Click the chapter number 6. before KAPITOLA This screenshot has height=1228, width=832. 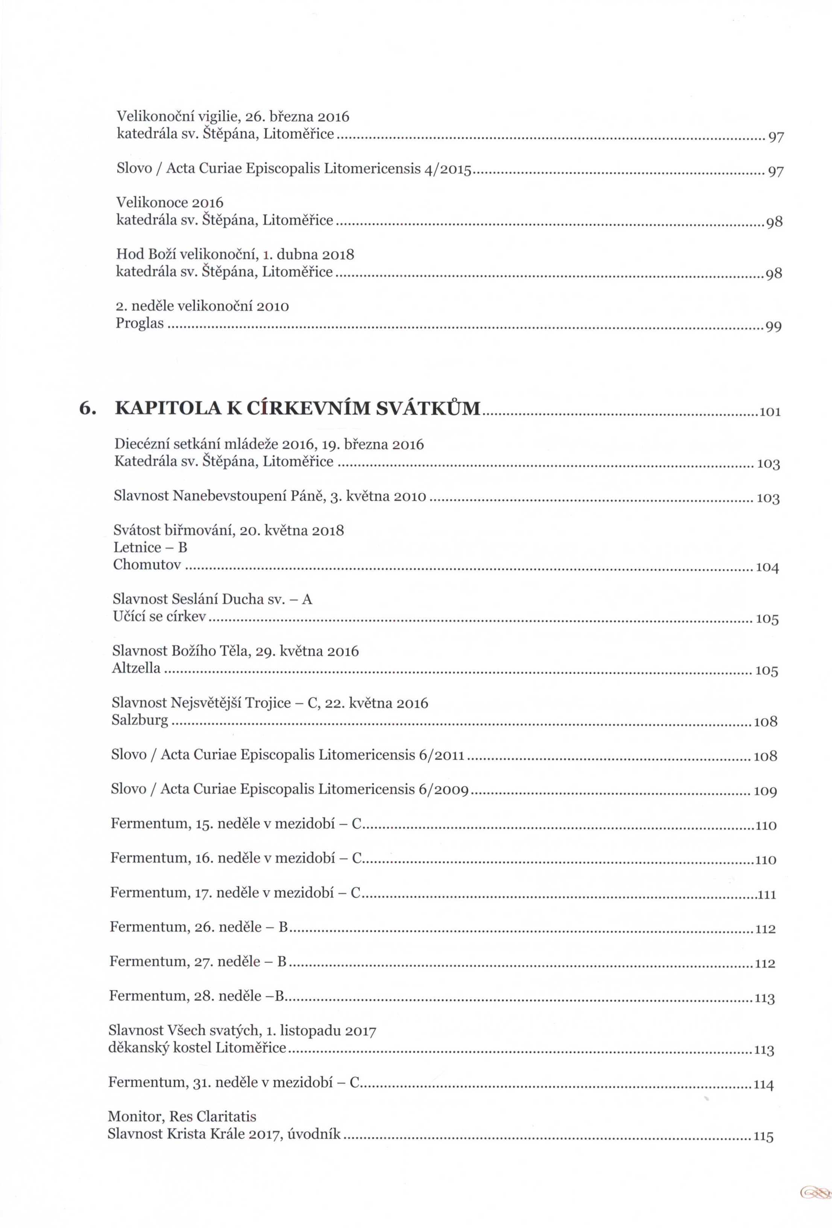pos(87,409)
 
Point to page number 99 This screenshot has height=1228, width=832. pos(773,327)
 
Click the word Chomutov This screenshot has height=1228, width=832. pos(147,565)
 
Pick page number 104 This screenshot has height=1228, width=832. pos(768,568)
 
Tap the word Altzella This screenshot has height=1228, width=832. pos(136,668)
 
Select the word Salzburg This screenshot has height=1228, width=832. pos(140,720)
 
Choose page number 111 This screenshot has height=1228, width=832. pos(767,895)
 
